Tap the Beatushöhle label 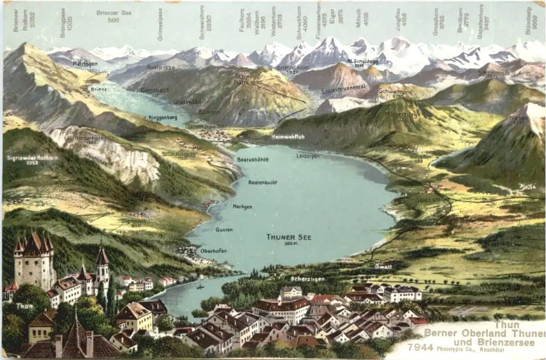(x=252, y=160)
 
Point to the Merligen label (x=242, y=206)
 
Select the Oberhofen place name (x=213, y=251)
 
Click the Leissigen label (x=308, y=156)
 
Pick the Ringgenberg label (x=163, y=118)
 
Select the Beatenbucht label (x=263, y=182)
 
